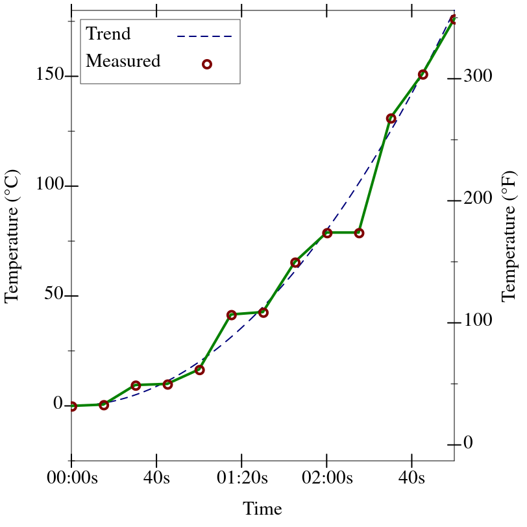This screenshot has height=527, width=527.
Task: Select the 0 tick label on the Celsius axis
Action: [58, 405]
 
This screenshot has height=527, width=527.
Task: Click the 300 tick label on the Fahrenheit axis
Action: [478, 77]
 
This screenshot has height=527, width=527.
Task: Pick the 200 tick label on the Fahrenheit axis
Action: [478, 200]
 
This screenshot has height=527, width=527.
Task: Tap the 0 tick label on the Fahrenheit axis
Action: [469, 445]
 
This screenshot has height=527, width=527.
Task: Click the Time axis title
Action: [262, 509]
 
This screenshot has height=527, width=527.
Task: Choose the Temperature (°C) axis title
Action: [12, 236]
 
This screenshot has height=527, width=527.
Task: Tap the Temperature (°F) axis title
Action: [509, 236]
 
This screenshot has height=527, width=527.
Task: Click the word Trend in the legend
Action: [108, 34]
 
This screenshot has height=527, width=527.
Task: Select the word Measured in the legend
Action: [123, 62]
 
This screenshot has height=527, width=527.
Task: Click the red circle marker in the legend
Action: [207, 64]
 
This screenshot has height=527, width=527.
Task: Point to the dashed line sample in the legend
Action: [204, 36]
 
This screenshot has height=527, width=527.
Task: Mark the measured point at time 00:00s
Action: [72, 406]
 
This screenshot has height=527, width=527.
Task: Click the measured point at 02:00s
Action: [327, 233]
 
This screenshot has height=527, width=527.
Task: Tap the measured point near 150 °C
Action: [423, 75]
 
